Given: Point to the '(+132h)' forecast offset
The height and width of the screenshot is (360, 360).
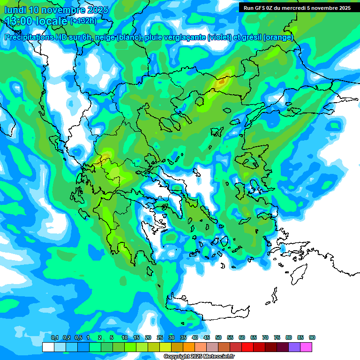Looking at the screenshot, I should tap(83, 21).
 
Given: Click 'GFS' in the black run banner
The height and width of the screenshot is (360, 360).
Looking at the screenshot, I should tap(260, 8).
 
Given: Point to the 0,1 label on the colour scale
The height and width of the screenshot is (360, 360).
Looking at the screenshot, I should tap(54, 338).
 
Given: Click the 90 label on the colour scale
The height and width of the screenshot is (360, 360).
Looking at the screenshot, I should tap(312, 338).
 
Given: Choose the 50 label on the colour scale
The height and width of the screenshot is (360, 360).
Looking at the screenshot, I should tap(218, 338).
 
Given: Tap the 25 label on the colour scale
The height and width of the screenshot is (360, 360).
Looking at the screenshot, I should tap(160, 338).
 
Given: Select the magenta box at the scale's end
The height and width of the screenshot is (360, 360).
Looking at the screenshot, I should tap(306, 347).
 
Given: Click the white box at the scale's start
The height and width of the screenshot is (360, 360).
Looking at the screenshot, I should tap(48, 347).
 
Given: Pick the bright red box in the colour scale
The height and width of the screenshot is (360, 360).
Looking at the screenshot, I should tap(247, 347).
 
